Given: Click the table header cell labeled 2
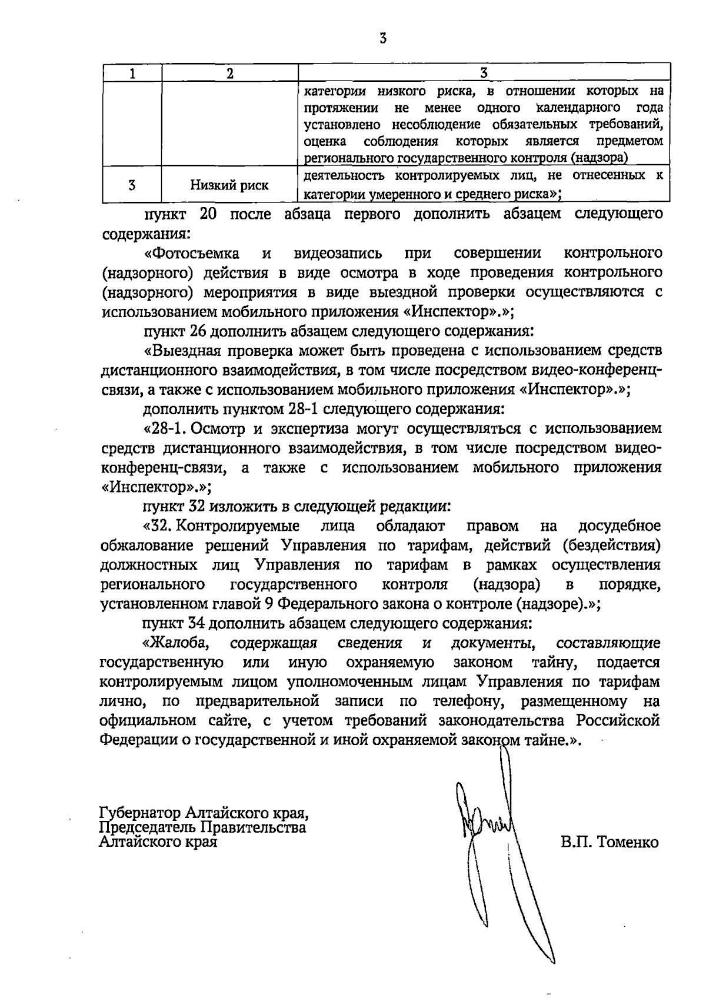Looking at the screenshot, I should coord(229,74).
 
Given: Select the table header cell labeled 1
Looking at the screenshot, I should coord(132,74).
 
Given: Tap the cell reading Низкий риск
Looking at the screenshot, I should coord(229,185).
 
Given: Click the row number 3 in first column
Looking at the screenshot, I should coord(132,185).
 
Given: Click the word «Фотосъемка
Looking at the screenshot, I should coord(191,253).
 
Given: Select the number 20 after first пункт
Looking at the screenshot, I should coord(209,214).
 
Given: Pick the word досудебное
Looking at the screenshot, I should coord(620,525).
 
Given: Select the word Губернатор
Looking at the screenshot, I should coord(139,814).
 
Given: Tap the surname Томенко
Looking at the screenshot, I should coord(628,843).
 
